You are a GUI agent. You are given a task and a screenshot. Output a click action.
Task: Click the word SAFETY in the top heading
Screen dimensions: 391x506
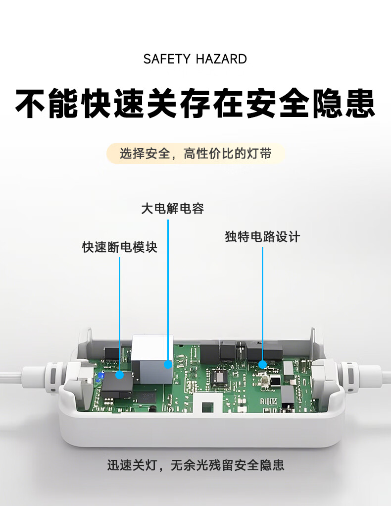coord(167,59)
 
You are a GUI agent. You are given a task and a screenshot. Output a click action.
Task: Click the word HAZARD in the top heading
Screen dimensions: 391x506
coord(221,59)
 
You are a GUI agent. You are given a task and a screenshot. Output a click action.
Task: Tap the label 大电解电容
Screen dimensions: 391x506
coord(173,209)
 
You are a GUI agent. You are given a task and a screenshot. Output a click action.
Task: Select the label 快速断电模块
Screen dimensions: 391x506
coord(120,247)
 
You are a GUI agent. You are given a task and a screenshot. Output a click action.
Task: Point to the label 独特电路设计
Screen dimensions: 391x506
coord(262,237)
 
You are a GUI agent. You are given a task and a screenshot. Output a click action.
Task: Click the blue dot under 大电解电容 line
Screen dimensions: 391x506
coord(168,364)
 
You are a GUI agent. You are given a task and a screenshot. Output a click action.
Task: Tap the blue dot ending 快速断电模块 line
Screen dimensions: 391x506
coord(120,375)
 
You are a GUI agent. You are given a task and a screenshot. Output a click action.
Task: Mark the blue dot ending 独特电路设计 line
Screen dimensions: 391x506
coord(263,364)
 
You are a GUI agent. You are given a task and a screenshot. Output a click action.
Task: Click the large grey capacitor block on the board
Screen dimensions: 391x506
coord(152,359)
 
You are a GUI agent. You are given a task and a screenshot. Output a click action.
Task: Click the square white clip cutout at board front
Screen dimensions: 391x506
coord(208,403)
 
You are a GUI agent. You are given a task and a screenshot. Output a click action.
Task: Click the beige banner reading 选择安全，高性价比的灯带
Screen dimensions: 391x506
coord(195,153)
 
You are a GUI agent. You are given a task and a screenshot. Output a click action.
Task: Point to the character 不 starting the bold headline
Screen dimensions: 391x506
coord(31,103)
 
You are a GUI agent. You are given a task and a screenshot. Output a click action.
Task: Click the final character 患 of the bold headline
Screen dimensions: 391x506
coord(360,103)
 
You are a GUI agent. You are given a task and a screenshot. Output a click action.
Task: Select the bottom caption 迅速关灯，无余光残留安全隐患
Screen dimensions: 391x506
coord(195,465)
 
